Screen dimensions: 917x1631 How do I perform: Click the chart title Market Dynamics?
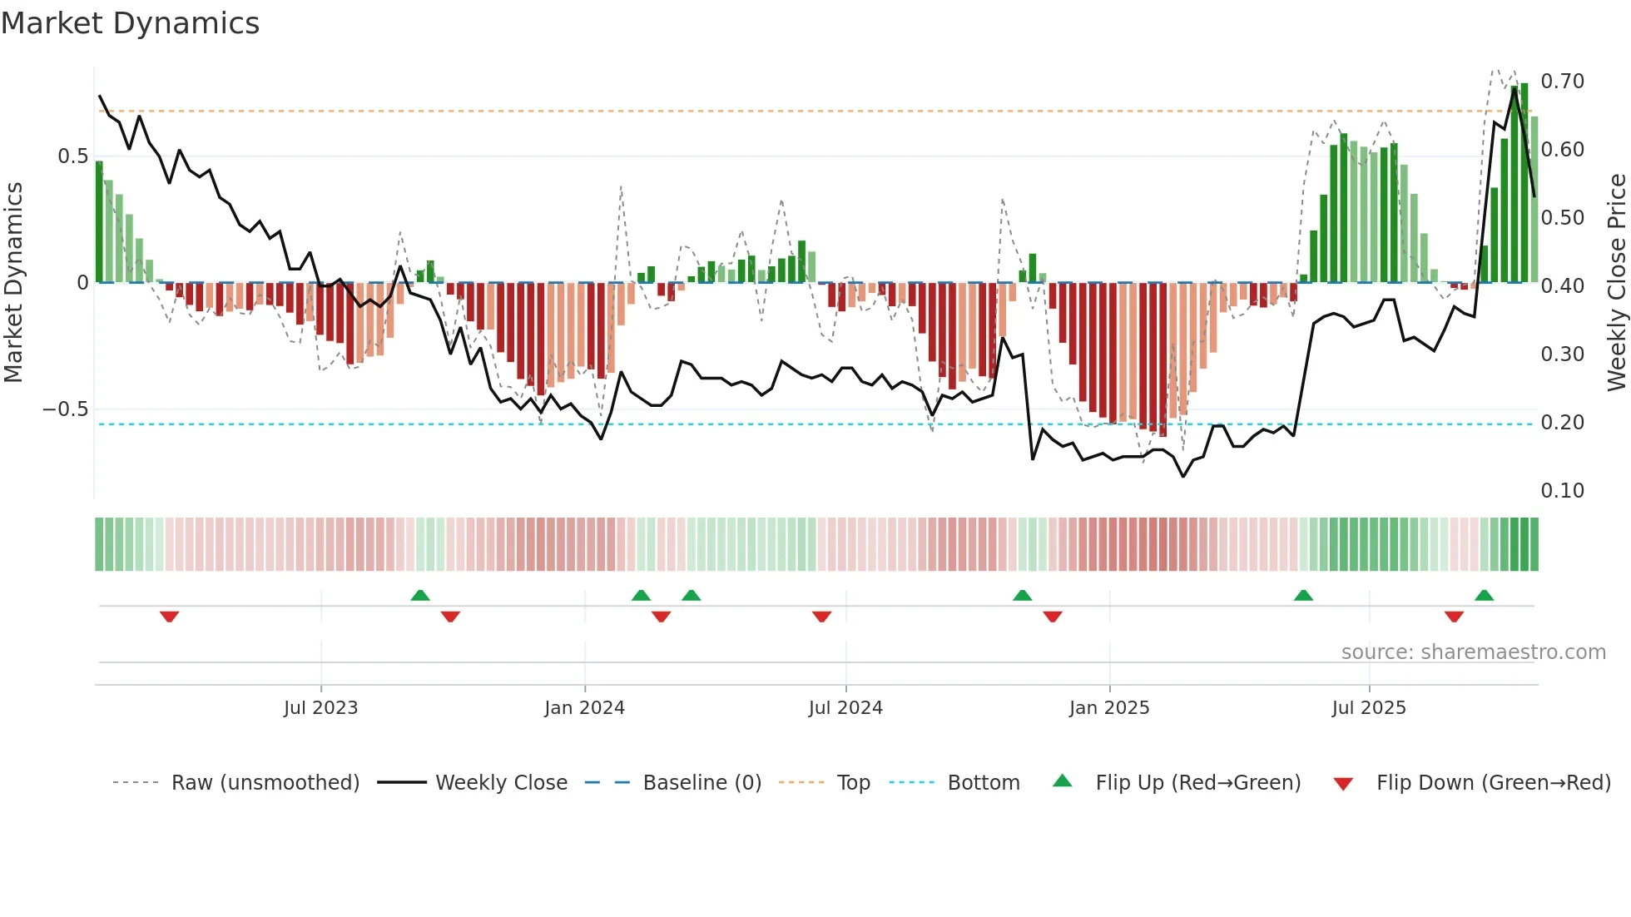(x=130, y=23)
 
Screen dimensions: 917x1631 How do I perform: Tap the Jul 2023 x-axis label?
(x=320, y=708)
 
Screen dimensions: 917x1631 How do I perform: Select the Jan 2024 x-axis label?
(x=584, y=708)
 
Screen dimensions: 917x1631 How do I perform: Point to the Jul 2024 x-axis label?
(x=845, y=708)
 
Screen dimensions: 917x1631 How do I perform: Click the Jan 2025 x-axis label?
(x=1109, y=708)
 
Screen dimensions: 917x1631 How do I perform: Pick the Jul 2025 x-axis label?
(x=1369, y=708)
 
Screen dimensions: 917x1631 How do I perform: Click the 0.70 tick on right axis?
(x=1562, y=82)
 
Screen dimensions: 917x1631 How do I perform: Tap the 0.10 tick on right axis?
(x=1562, y=491)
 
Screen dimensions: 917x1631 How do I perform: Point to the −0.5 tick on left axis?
(x=65, y=409)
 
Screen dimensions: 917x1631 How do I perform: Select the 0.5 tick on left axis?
(x=72, y=156)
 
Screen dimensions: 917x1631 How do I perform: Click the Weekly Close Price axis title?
(x=1616, y=283)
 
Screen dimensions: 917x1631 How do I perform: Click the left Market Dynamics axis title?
(x=13, y=283)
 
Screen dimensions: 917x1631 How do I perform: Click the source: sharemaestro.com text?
(x=1473, y=652)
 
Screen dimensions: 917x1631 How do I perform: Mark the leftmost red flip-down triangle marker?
(x=170, y=617)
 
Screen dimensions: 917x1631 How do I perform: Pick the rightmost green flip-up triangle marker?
(x=1484, y=595)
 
